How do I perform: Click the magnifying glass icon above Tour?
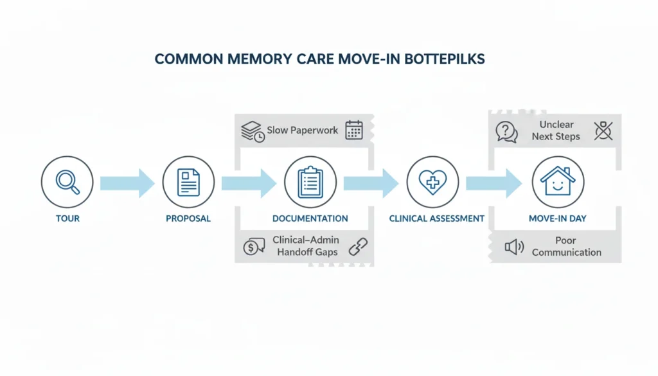[x=67, y=182]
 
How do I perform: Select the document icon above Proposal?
[x=188, y=182]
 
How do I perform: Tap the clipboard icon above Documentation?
[x=310, y=182]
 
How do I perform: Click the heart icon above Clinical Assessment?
[x=432, y=182]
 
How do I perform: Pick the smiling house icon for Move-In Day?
[x=557, y=182]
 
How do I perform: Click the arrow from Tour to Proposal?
[x=127, y=183]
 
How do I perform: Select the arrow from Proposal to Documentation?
[x=249, y=183]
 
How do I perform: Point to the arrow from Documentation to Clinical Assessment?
[x=371, y=183]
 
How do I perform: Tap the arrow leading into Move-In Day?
[x=493, y=183]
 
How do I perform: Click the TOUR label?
[x=67, y=219]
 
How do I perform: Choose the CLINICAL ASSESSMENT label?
[x=436, y=219]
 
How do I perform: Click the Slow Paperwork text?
[x=302, y=130]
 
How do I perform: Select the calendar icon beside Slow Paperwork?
[x=354, y=130]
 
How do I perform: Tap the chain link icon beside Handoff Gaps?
[x=357, y=246]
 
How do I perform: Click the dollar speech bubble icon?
[x=254, y=247]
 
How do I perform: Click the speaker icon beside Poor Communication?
[x=514, y=247]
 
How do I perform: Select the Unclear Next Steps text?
[x=556, y=130]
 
